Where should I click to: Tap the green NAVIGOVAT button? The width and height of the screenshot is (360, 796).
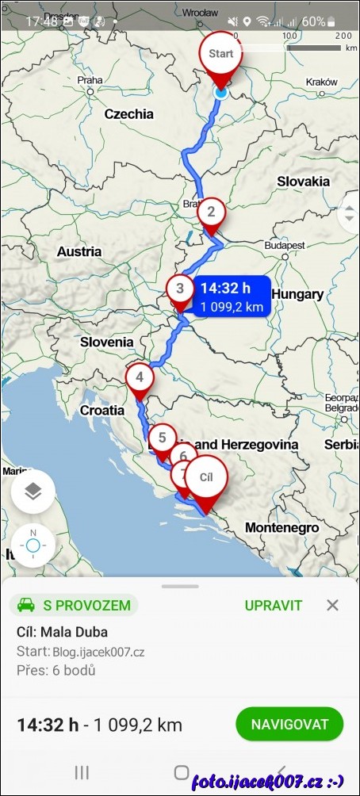click(289, 724)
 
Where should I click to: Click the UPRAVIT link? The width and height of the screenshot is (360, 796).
click(273, 606)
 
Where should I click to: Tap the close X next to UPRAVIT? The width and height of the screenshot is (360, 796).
click(332, 606)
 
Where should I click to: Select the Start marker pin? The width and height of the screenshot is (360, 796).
click(221, 55)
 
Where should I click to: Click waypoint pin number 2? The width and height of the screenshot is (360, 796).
click(211, 212)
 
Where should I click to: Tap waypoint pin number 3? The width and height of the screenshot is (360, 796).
click(180, 289)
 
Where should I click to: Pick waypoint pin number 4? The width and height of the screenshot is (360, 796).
click(140, 377)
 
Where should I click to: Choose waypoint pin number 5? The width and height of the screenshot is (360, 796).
click(162, 437)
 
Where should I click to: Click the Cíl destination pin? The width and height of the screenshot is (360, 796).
click(206, 478)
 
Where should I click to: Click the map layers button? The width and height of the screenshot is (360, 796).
click(33, 492)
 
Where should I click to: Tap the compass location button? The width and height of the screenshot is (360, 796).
click(33, 545)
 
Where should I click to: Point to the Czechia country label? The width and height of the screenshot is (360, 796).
click(129, 114)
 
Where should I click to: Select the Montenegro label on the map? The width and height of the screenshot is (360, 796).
click(281, 527)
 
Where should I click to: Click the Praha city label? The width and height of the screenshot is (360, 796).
click(90, 80)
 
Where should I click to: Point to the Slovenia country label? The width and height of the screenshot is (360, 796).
click(106, 343)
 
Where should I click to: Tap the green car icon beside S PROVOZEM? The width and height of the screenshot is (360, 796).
click(25, 606)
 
